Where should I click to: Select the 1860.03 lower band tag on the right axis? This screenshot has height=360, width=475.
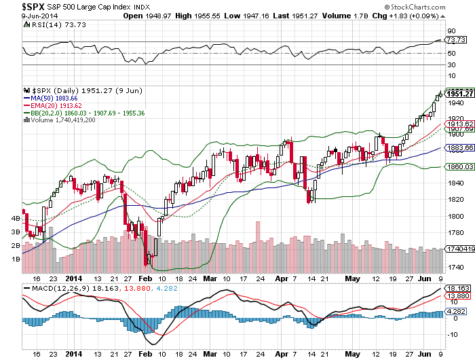(457, 166)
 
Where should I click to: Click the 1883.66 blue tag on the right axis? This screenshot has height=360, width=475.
(457, 147)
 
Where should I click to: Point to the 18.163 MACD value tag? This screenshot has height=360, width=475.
(457, 289)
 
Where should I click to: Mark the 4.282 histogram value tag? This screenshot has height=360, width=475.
(457, 312)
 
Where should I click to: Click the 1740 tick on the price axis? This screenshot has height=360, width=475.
(454, 267)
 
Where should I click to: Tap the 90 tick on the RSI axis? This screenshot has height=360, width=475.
(450, 31)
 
